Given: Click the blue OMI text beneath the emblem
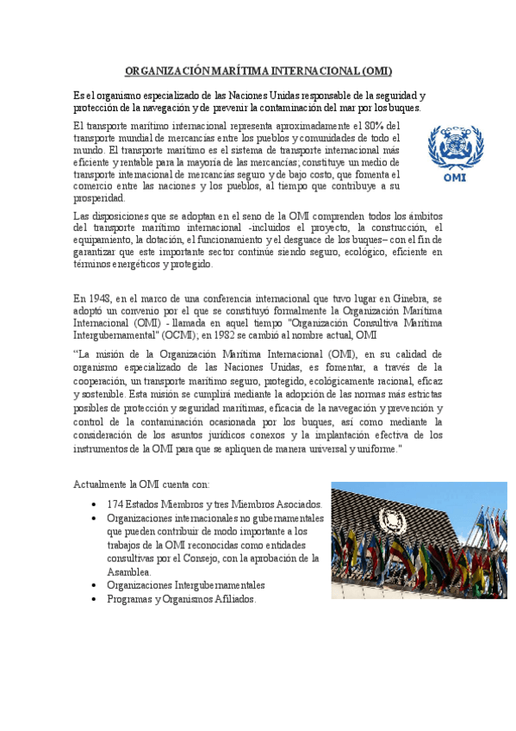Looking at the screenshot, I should pos(455,178).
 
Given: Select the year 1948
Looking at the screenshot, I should pos(100,300).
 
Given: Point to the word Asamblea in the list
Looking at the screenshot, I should pos(129,572).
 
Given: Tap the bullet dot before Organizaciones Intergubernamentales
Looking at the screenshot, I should pos(93,585).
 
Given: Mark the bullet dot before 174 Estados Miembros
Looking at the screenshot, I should pos(93,504).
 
